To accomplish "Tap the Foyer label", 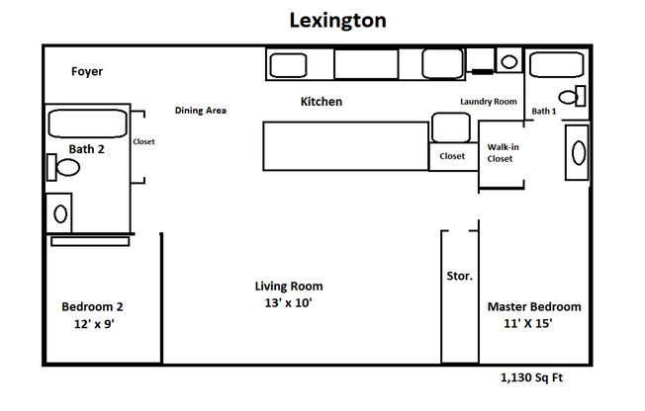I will pyautogui.click(x=87, y=72).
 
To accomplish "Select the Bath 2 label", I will pyautogui.click(x=86, y=149).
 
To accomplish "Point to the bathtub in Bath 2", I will pyautogui.click(x=88, y=124).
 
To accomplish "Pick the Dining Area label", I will pyautogui.click(x=201, y=111).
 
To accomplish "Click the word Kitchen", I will pyautogui.click(x=322, y=102).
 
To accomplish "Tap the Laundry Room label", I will pyautogui.click(x=489, y=102).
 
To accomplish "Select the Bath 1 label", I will pyautogui.click(x=544, y=112).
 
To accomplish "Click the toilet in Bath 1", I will pyautogui.click(x=571, y=96).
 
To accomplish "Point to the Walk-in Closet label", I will pyautogui.click(x=500, y=153).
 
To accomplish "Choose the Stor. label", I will pyautogui.click(x=460, y=276).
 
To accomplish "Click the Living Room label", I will pyautogui.click(x=289, y=287).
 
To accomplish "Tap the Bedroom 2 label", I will pyautogui.click(x=92, y=306).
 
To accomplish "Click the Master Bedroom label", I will pyautogui.click(x=534, y=307).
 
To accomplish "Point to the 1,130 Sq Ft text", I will pyautogui.click(x=533, y=377).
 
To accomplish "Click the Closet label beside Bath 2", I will pyautogui.click(x=144, y=141).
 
